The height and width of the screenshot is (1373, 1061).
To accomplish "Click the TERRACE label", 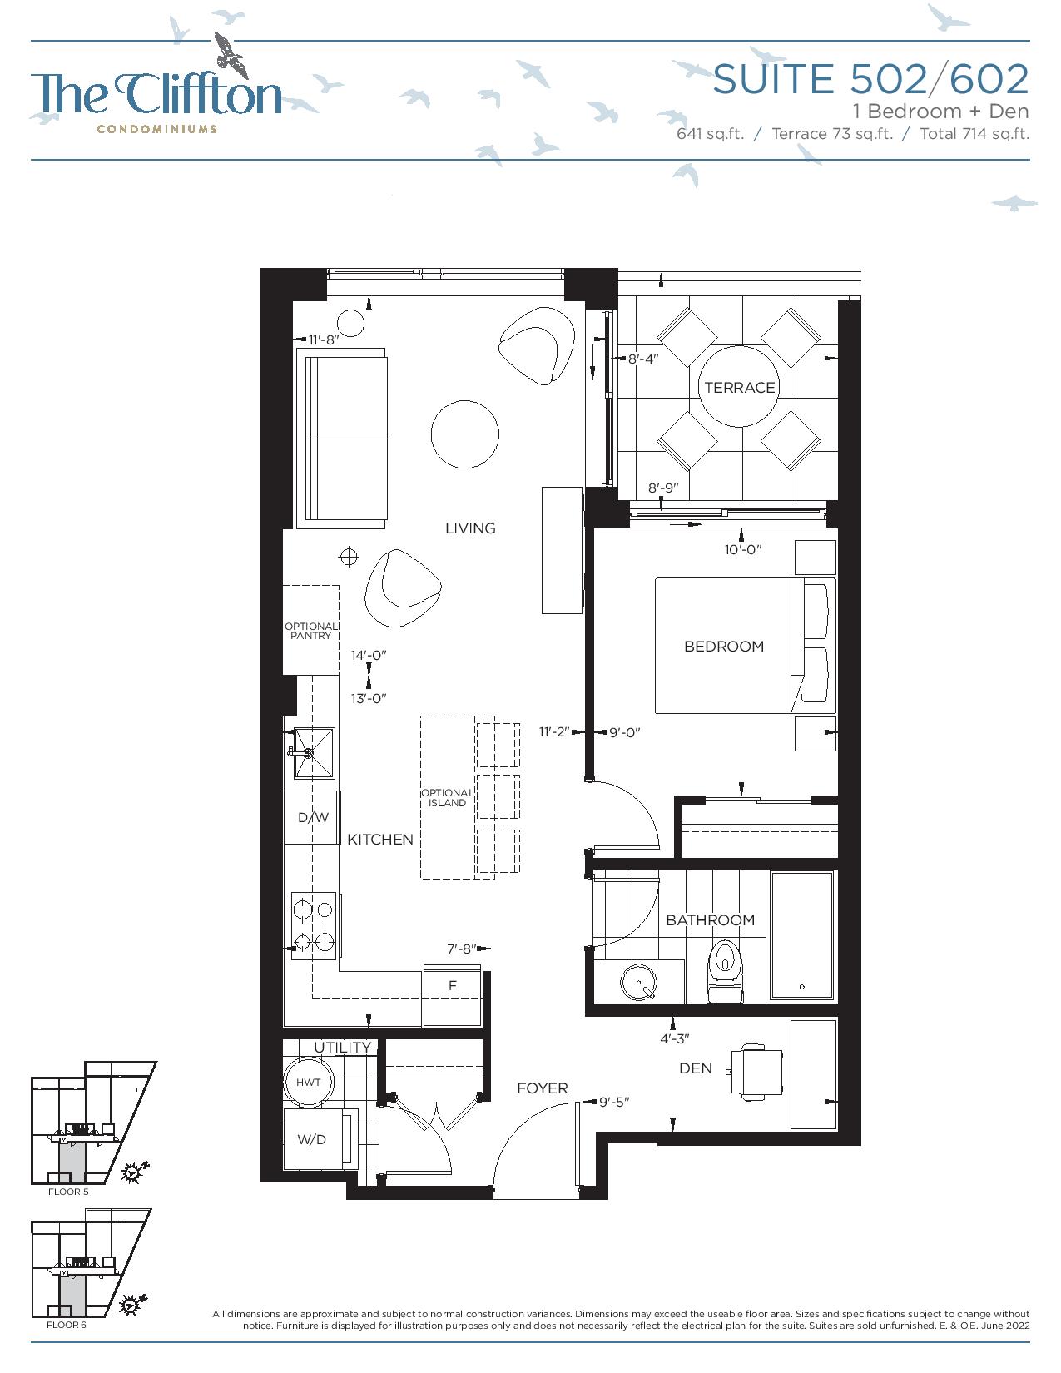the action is [x=739, y=387].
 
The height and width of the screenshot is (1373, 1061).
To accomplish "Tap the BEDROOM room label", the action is [x=724, y=647].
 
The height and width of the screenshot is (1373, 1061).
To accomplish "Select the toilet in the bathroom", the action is [x=725, y=972].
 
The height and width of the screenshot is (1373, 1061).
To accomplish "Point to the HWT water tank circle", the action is [x=309, y=1083].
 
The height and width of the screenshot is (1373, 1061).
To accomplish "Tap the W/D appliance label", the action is [x=311, y=1140].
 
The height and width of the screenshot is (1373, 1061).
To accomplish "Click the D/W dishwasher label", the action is [x=314, y=818].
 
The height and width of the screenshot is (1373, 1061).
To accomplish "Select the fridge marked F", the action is [x=453, y=996].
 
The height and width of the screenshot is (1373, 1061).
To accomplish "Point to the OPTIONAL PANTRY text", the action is [x=311, y=631].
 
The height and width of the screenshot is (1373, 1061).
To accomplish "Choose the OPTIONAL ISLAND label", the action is [x=448, y=797].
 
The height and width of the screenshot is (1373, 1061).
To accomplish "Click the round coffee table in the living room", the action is [x=465, y=434].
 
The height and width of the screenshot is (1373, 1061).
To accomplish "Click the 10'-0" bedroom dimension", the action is [x=743, y=550].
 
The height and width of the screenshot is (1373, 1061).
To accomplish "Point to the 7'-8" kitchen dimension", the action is [x=461, y=949].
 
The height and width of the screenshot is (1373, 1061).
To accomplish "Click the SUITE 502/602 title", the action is [x=870, y=78].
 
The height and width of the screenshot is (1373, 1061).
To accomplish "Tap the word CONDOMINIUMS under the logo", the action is [x=156, y=129].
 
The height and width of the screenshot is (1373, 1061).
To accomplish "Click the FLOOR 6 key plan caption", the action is [x=67, y=1325].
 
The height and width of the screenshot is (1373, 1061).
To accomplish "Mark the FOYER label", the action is [x=543, y=1088].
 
